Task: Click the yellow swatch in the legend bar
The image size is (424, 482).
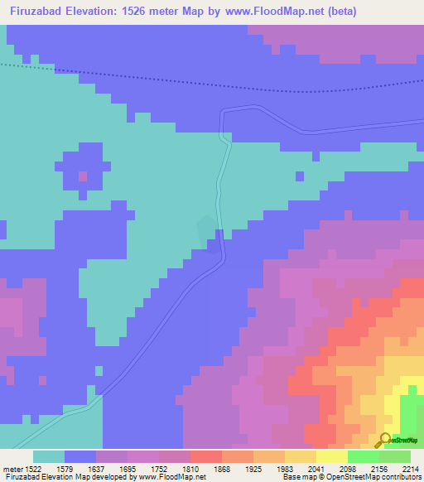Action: point(331,455)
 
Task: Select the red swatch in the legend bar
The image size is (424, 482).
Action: point(205,455)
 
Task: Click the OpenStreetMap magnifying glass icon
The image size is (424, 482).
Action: point(383,440)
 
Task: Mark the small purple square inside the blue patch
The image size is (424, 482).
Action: point(82,176)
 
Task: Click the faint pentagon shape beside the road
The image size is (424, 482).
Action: point(205,228)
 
